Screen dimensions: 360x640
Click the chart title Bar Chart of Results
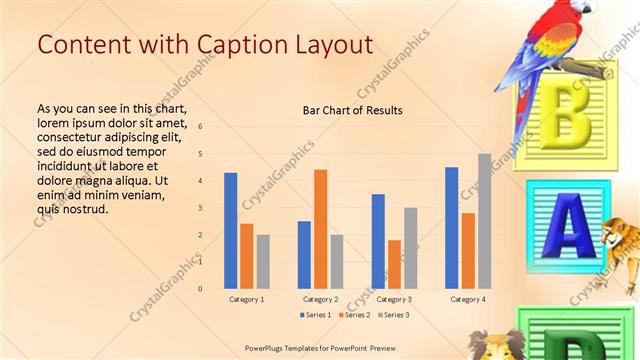point(352,111)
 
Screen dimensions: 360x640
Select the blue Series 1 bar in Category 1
point(231,231)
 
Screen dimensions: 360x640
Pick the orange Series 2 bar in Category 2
point(320,229)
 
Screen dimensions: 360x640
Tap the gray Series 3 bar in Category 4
point(484,221)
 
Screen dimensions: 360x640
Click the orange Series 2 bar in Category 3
point(394,264)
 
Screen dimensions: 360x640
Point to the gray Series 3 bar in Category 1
point(263,261)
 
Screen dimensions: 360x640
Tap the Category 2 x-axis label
point(320,299)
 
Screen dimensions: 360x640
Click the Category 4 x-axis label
point(468,299)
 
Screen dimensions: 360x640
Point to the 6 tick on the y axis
point(200,127)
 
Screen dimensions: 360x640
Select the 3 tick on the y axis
point(200,208)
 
